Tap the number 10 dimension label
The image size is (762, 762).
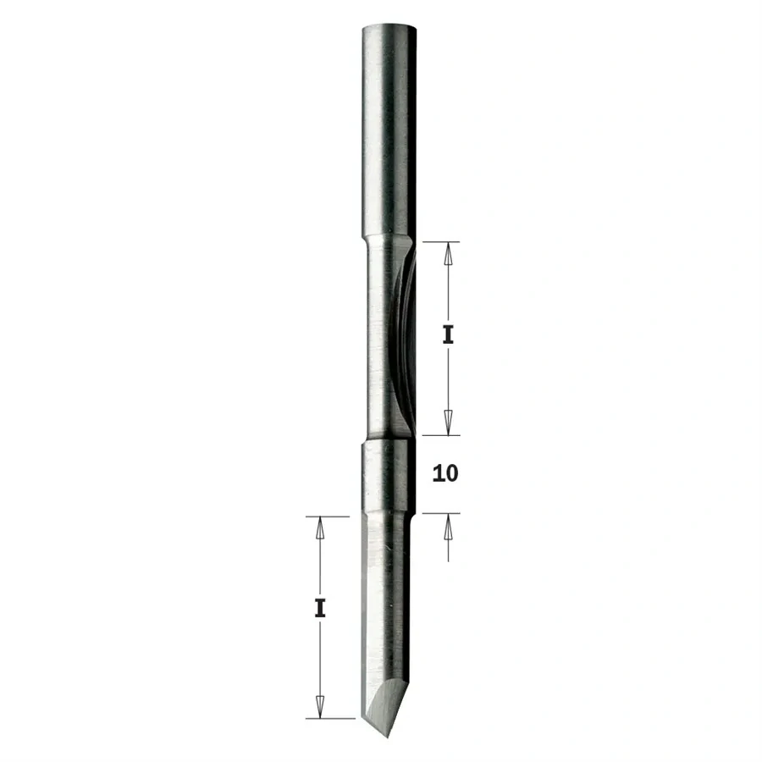click(444, 473)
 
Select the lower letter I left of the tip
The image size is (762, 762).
click(320, 607)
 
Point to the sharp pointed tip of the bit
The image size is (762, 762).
click(370, 734)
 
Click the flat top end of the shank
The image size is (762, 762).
click(389, 26)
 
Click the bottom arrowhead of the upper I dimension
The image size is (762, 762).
click(450, 425)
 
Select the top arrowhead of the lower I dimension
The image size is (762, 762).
click(320, 527)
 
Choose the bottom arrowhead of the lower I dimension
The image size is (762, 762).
click(320, 708)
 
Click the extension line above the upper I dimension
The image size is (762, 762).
click(440, 241)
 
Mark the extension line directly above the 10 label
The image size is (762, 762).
click(440, 435)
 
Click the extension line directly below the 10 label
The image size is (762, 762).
click(440, 512)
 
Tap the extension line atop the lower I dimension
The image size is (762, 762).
click(326, 516)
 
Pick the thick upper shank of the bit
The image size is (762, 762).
click(389, 127)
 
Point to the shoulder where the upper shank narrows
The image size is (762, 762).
click(389, 240)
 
